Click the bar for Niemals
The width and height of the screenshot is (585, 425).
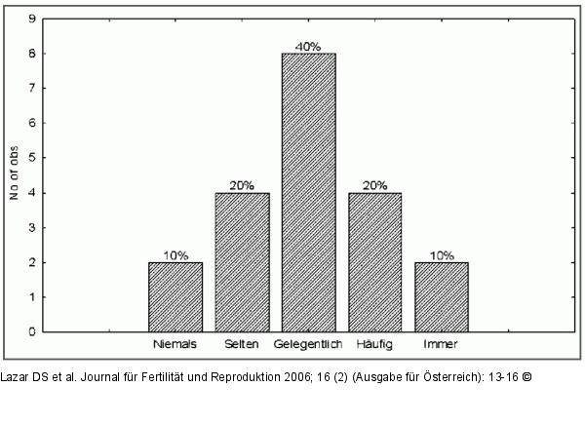[x=175, y=297]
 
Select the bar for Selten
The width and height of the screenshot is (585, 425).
[x=242, y=262]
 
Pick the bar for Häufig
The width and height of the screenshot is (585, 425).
[x=374, y=262]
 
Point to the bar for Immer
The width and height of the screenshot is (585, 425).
[x=441, y=297]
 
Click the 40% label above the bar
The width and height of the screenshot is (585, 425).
[x=309, y=46]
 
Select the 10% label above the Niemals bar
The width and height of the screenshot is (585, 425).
[x=176, y=255]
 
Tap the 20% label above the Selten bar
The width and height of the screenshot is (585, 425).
[x=243, y=185]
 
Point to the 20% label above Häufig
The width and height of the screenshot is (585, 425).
[x=375, y=185]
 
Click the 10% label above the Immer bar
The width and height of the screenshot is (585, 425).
[x=442, y=255]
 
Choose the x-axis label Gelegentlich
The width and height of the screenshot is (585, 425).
[x=308, y=344]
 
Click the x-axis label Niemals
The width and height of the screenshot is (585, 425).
[x=175, y=344]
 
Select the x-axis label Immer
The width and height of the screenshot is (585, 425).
[x=441, y=344]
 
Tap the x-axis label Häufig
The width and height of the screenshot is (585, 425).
[x=374, y=344]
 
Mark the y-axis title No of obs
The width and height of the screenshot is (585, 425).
[x=14, y=175]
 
